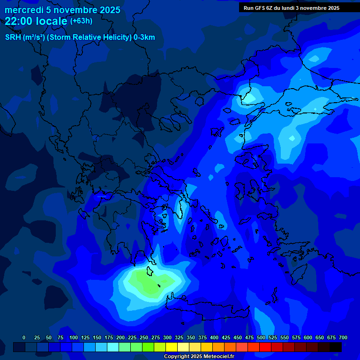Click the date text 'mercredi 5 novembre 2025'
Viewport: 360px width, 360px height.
(x=62, y=10)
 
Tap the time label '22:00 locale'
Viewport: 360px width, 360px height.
(x=36, y=21)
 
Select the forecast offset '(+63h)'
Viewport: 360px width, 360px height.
(x=81, y=21)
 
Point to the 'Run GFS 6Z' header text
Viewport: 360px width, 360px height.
(x=262, y=8)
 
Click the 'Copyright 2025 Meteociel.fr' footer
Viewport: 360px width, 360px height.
(x=198, y=356)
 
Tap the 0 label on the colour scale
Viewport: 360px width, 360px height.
(x=24, y=337)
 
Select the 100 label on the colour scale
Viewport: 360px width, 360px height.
(x=74, y=337)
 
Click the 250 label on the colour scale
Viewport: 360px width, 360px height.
(x=144, y=337)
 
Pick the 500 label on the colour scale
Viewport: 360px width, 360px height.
(x=261, y=337)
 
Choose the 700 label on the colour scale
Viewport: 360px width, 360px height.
(x=343, y=337)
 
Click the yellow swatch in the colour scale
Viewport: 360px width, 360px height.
(x=172, y=347)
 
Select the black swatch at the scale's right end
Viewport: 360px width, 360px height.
(x=336, y=347)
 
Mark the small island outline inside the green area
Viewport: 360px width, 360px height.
(x=159, y=286)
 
